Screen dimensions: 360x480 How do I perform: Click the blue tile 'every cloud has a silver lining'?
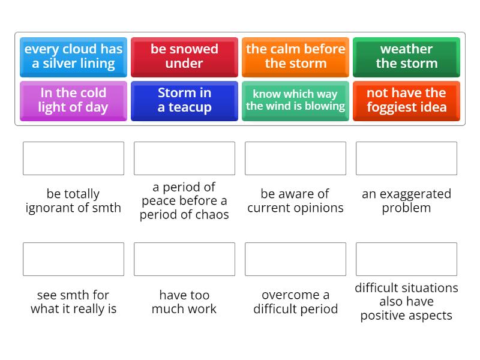click(73, 56)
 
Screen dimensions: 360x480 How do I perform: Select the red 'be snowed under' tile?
click(184, 56)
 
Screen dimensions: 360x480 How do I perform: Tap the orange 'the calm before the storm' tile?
click(295, 56)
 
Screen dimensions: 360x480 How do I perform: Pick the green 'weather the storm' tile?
click(406, 56)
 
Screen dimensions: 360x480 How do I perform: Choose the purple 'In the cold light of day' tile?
click(73, 101)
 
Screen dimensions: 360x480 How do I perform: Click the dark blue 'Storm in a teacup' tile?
click(184, 101)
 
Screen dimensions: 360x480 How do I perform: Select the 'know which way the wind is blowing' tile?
click(295, 101)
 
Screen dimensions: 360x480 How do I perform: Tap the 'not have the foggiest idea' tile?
click(406, 101)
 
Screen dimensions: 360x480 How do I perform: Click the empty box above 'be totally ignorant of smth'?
click(73, 158)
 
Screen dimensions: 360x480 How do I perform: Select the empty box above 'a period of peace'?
click(184, 158)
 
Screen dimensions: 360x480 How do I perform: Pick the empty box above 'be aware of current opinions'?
click(295, 158)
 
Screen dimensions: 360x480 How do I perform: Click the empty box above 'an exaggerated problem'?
click(406, 158)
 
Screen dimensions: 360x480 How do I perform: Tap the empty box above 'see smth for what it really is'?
click(73, 259)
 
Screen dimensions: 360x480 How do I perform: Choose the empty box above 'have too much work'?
click(184, 259)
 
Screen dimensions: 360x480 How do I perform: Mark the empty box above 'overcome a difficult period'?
click(295, 259)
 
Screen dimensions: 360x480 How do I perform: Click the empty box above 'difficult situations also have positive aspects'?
click(406, 259)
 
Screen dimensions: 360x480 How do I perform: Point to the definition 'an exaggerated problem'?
click(406, 201)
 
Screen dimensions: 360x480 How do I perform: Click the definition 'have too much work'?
click(184, 302)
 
